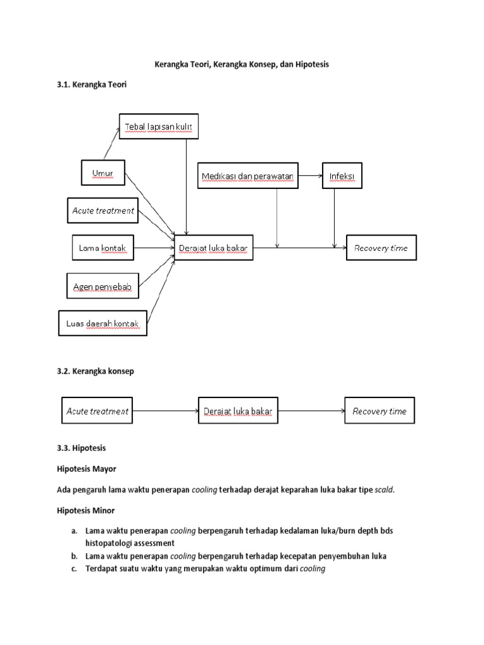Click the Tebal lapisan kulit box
[159, 127]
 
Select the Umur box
[103, 173]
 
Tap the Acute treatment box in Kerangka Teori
[102, 210]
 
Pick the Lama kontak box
[102, 248]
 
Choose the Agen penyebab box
[102, 287]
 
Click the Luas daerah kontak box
[102, 324]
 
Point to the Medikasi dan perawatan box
[248, 175]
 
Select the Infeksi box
[342, 175]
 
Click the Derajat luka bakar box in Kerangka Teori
[214, 248]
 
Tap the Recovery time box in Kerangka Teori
[381, 248]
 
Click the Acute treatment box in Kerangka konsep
[97, 411]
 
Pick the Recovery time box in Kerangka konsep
[379, 411]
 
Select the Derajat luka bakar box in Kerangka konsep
[238, 411]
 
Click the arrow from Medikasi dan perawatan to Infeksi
[310, 175]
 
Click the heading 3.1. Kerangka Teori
[91, 84]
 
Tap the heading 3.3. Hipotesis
[81, 448]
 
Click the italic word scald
[384, 490]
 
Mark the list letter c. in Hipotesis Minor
[74, 569]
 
